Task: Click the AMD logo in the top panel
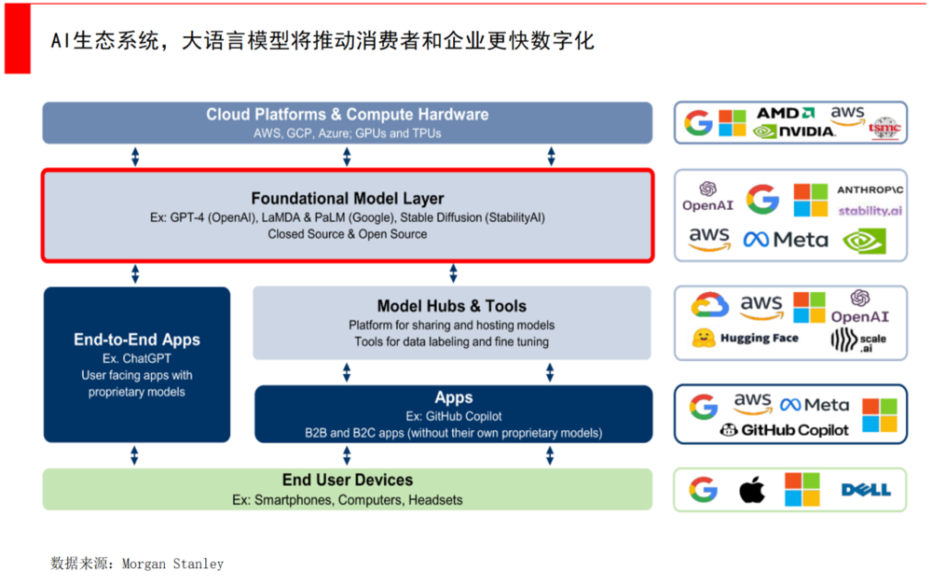pos(789,113)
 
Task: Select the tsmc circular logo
pos(883,128)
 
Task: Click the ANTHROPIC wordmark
pos(870,189)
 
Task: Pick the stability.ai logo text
pos(870,211)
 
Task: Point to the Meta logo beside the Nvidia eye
pos(786,240)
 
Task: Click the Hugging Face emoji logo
pos(705,338)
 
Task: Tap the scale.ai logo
pos(857,341)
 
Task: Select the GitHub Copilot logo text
pos(784,430)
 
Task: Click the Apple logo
pos(752,490)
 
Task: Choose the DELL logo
pos(866,490)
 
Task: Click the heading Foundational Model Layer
pos(348,199)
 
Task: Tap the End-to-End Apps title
pos(137,340)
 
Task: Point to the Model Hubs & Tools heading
pos(451,306)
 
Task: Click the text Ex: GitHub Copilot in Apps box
pos(453,416)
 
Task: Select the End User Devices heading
pos(348,480)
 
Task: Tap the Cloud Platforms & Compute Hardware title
pos(348,115)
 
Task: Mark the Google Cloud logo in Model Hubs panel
pos(709,305)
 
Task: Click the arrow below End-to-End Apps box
pos(135,455)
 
